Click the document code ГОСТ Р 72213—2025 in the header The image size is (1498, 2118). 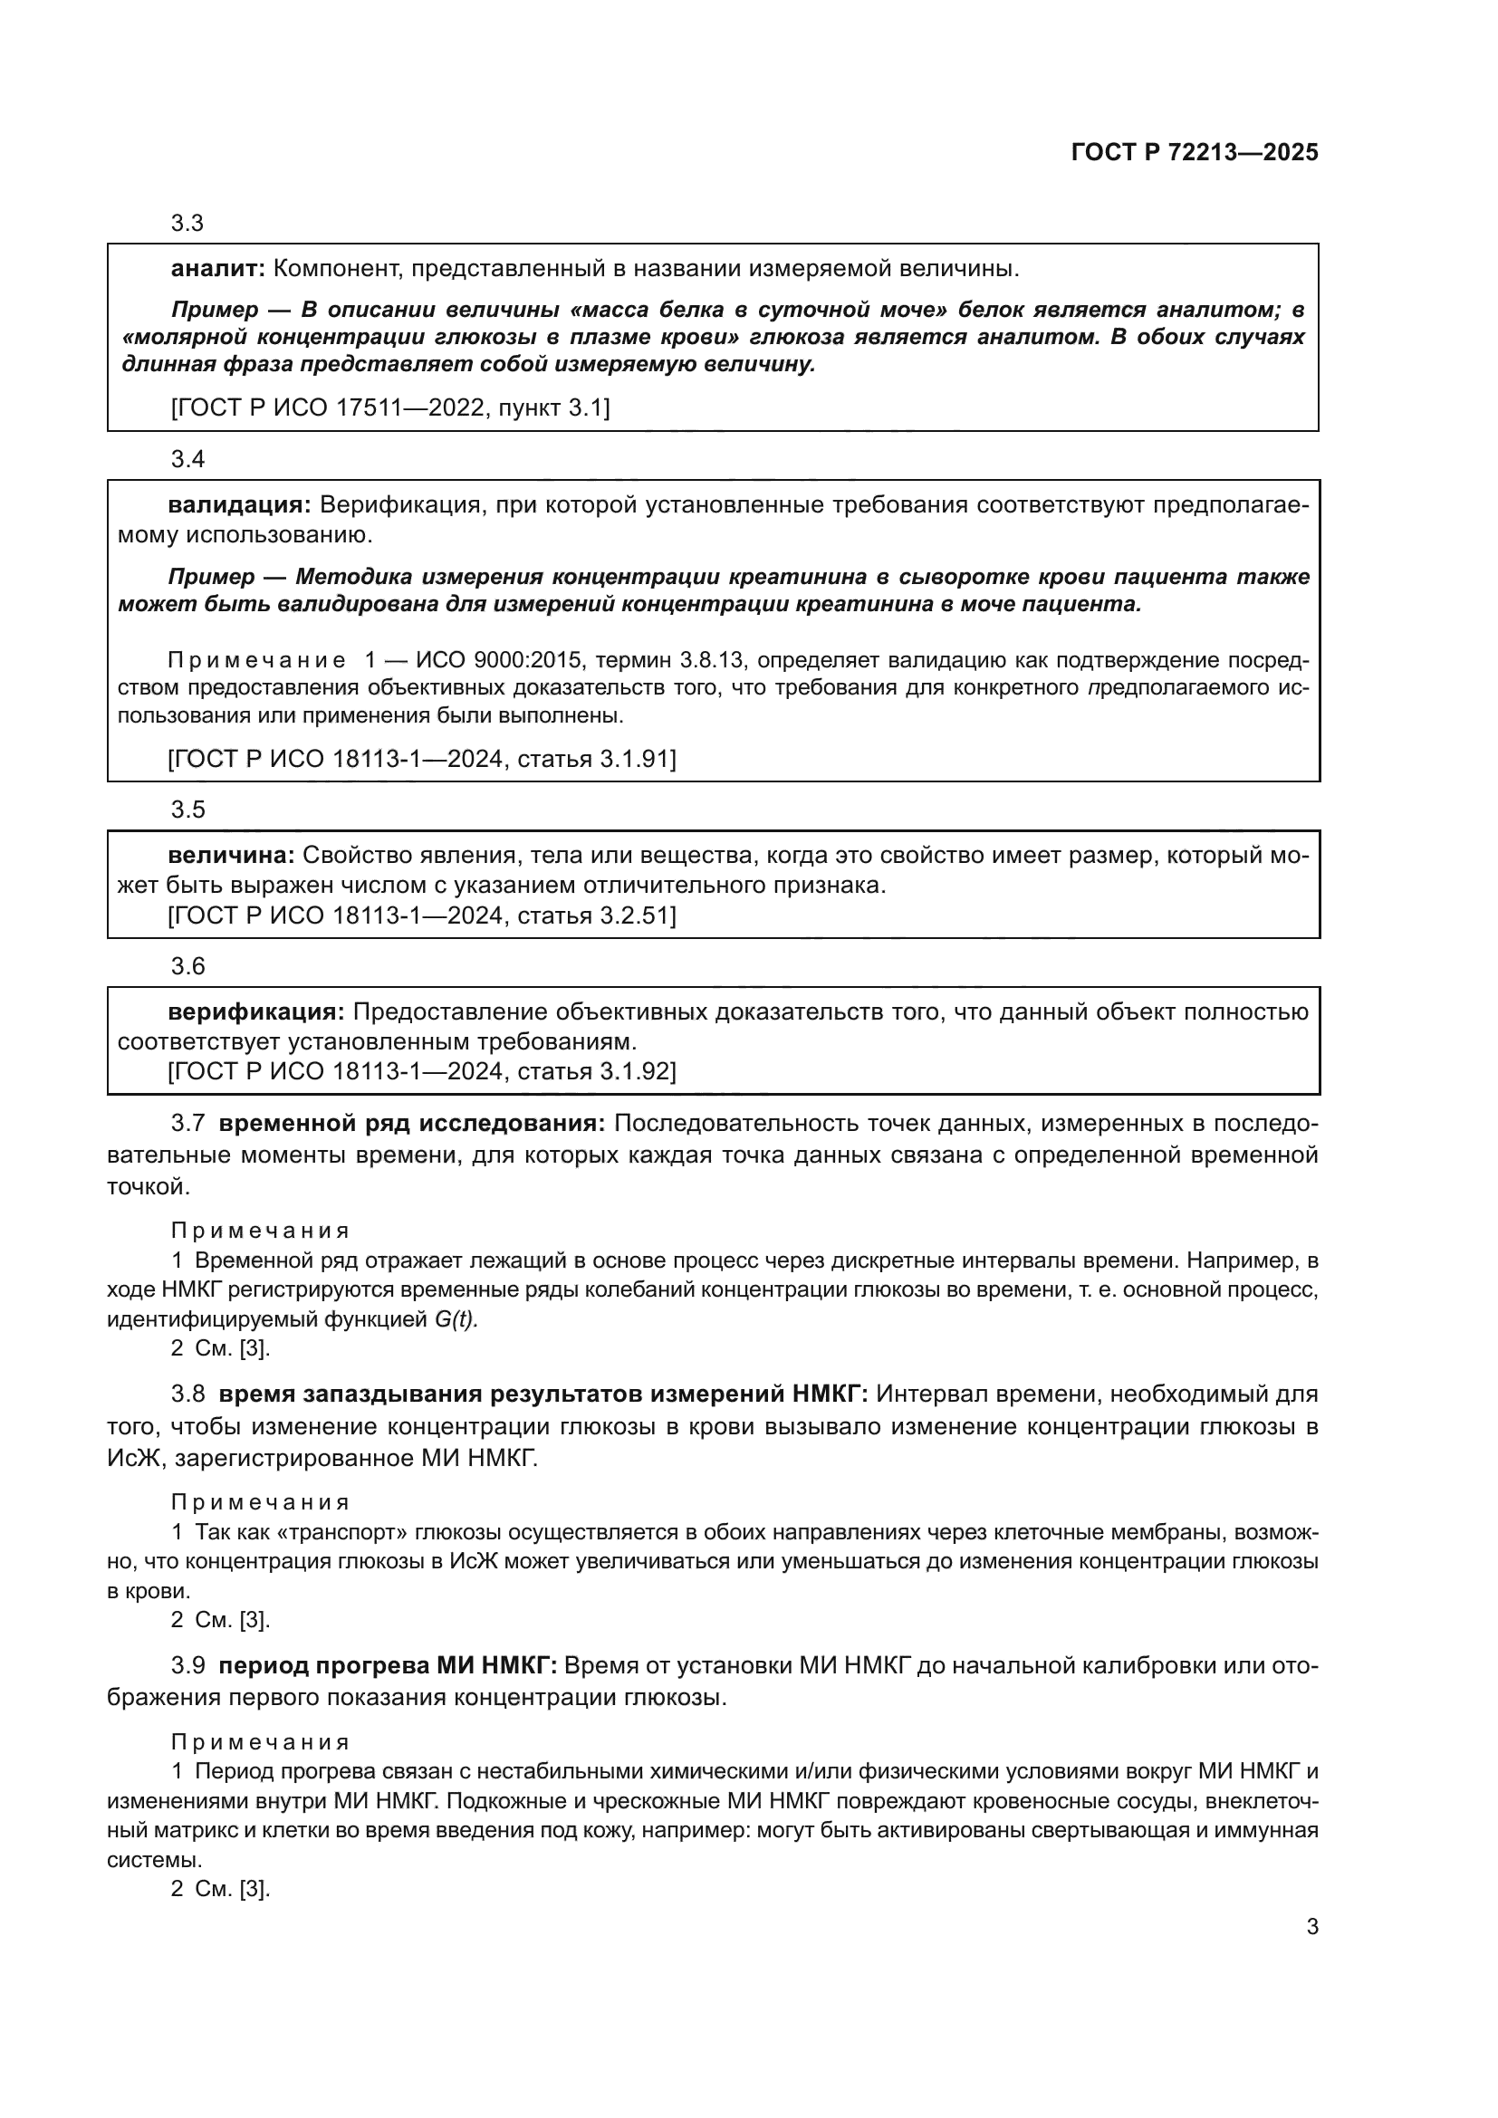tap(1195, 153)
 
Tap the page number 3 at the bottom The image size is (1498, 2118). tap(1311, 1927)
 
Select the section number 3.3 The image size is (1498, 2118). tap(187, 224)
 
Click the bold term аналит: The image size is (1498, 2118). tap(217, 269)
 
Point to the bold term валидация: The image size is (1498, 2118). tap(239, 505)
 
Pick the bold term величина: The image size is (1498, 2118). tap(231, 855)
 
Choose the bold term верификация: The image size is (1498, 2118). tap(255, 1012)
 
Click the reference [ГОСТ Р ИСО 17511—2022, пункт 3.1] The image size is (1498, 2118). tap(390, 407)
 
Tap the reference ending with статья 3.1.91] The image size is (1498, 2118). tap(422, 759)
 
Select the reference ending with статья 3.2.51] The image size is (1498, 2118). tap(422, 916)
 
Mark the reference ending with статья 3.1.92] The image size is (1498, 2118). tap(422, 1072)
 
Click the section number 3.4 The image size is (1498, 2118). tap(187, 459)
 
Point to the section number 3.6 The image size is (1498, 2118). tap(187, 966)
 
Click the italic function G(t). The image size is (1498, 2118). tap(456, 1320)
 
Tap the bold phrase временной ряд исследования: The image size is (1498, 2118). tap(411, 1124)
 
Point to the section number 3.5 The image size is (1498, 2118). tap(187, 810)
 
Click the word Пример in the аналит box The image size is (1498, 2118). tap(214, 310)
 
